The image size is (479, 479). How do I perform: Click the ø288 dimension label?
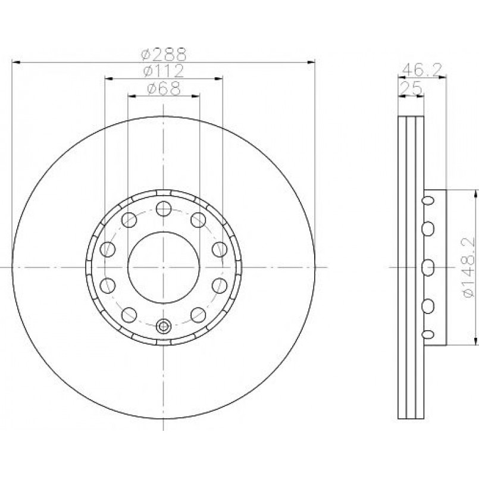(x=164, y=55)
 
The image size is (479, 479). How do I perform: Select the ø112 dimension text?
(x=164, y=71)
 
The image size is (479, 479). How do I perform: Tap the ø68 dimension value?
(x=164, y=89)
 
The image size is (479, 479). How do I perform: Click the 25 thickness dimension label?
(x=411, y=89)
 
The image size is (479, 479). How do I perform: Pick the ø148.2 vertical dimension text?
(x=468, y=267)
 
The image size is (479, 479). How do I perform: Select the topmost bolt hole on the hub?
(x=164, y=209)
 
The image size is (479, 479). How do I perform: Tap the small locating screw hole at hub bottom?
(x=164, y=326)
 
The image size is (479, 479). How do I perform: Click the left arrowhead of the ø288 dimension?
(x=16, y=62)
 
